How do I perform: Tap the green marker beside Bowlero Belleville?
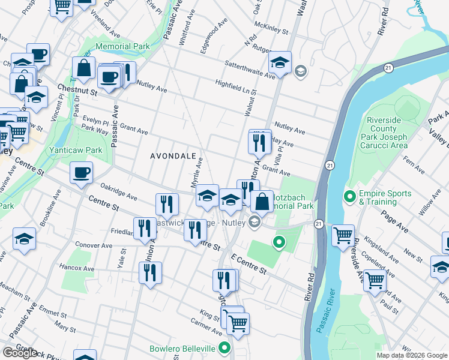point(224,347)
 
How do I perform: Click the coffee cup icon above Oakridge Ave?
point(81,173)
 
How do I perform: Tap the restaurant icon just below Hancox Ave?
point(150,272)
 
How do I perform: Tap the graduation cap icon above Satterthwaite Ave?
point(280,62)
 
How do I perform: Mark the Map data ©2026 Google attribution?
point(412,355)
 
